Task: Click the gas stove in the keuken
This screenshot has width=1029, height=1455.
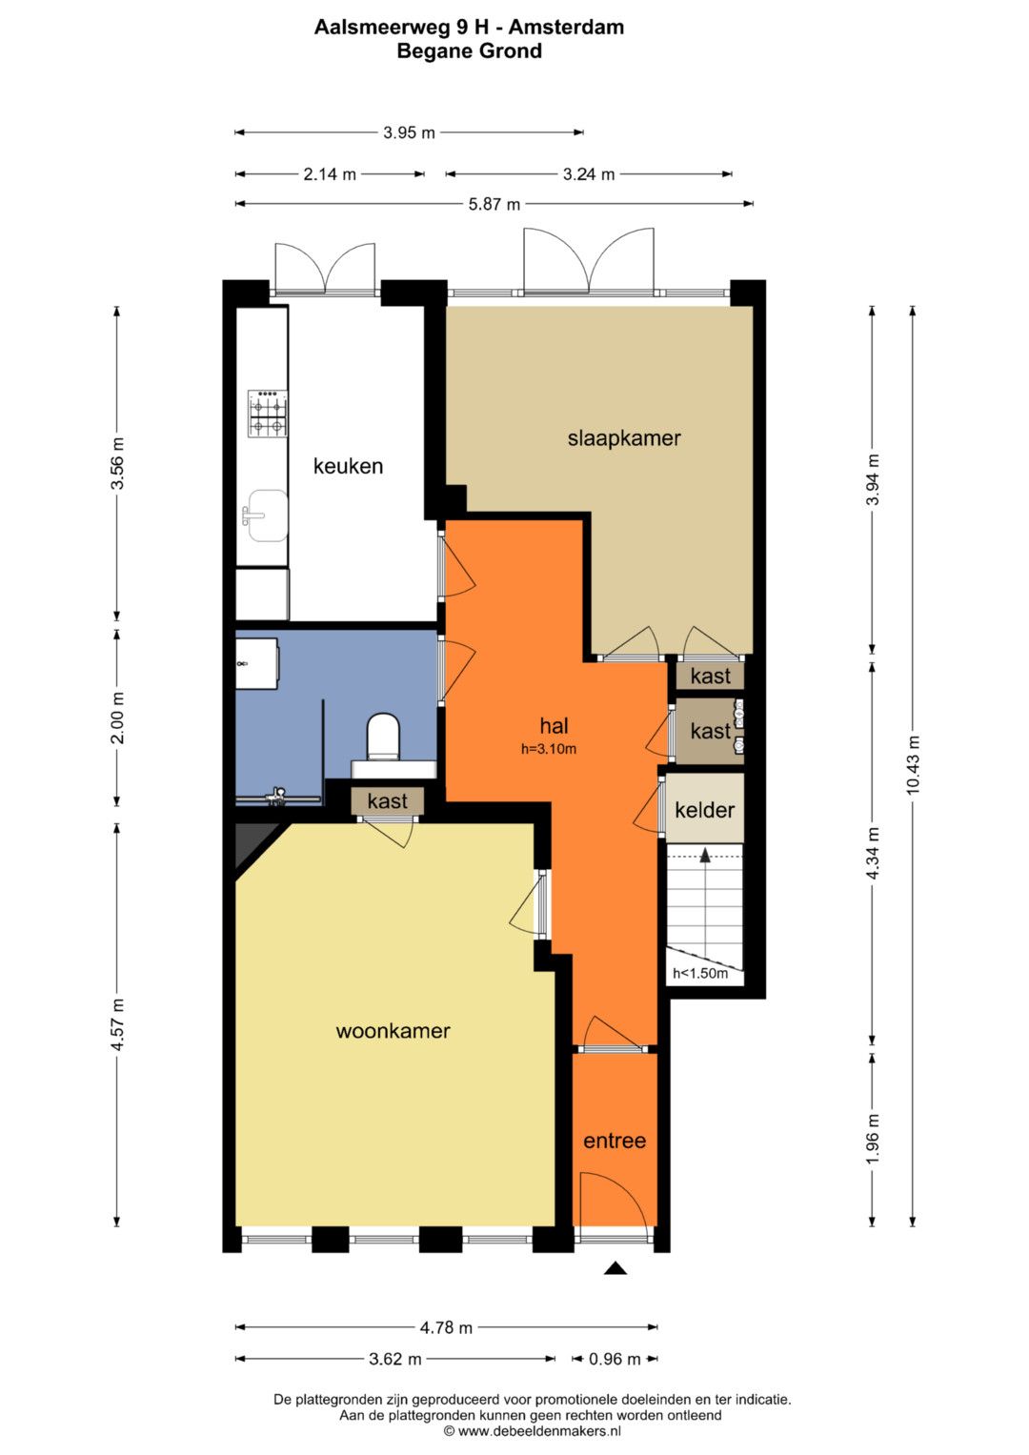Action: point(268,414)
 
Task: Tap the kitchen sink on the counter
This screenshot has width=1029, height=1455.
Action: point(267,516)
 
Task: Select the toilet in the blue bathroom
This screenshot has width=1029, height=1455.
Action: point(383,737)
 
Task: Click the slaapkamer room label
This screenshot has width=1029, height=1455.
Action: point(624,438)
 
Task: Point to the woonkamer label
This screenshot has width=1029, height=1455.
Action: point(393,1031)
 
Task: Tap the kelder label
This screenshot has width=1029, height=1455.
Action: point(704,810)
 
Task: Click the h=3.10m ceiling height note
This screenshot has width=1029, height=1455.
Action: point(549,749)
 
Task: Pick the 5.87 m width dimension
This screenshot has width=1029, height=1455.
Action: point(494,205)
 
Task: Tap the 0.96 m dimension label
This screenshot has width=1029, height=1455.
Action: point(615,1359)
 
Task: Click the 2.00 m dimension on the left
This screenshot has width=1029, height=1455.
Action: point(117,717)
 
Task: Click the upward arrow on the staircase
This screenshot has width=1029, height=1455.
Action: point(705,855)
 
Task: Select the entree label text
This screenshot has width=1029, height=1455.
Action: point(615,1141)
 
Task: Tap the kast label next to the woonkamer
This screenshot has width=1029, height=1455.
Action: point(387,801)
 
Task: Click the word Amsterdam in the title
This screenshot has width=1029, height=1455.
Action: point(566,28)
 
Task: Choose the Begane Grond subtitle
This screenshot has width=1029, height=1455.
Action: point(469,51)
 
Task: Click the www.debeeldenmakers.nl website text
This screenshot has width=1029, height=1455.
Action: point(539,1431)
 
